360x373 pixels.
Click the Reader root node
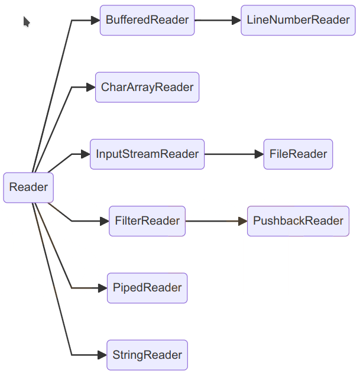point(28,187)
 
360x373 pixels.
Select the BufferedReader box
point(147,20)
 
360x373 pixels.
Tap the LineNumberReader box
point(298,20)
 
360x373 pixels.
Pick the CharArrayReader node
point(147,87)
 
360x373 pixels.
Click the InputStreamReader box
point(147,154)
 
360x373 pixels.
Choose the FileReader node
point(298,154)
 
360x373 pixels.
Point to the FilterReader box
point(147,221)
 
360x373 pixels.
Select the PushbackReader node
point(298,221)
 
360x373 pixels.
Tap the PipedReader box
point(147,288)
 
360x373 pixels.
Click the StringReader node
point(147,355)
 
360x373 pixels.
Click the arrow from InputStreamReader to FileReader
point(233,154)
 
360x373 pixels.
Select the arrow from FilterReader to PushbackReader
point(215,221)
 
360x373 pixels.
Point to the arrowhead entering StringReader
point(102,355)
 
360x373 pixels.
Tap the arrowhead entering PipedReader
point(102,288)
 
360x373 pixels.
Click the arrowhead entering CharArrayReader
point(91,87)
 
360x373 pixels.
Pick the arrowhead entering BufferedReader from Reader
point(95,20)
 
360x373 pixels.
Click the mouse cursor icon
point(26,22)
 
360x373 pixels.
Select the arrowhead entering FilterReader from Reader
point(104,221)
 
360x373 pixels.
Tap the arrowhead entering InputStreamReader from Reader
point(85,154)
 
